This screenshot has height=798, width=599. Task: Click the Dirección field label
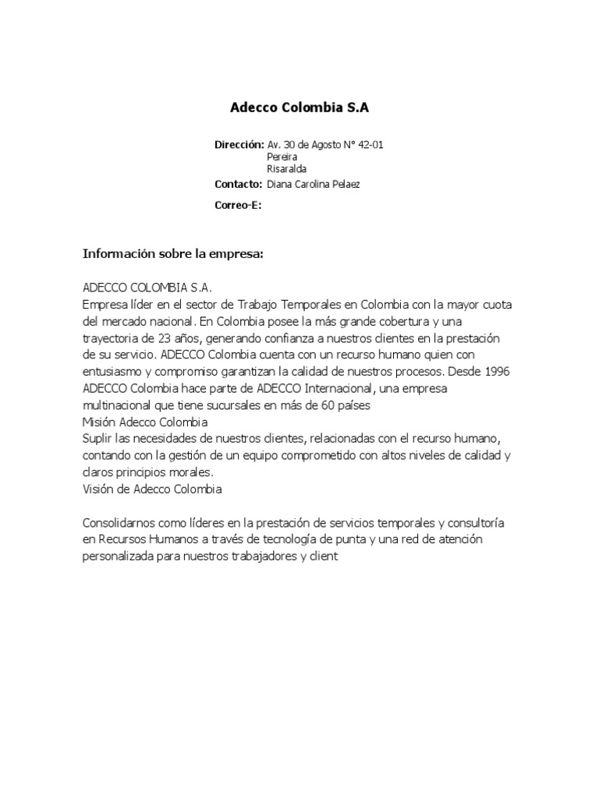pyautogui.click(x=239, y=145)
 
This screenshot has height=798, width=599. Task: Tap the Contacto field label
pyautogui.click(x=238, y=184)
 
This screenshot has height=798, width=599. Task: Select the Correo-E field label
pyautogui.click(x=237, y=205)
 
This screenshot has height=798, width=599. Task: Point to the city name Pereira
pyautogui.click(x=282, y=157)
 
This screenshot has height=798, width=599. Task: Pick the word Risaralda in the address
pyautogui.click(x=286, y=168)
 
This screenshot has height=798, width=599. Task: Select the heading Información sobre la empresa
pyautogui.click(x=175, y=255)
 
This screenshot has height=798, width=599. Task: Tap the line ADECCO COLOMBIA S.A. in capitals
pyautogui.click(x=147, y=288)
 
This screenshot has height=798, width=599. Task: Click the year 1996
pyautogui.click(x=495, y=372)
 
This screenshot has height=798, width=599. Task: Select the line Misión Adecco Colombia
pyautogui.click(x=145, y=422)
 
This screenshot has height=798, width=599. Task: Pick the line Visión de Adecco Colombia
pyautogui.click(x=152, y=489)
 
